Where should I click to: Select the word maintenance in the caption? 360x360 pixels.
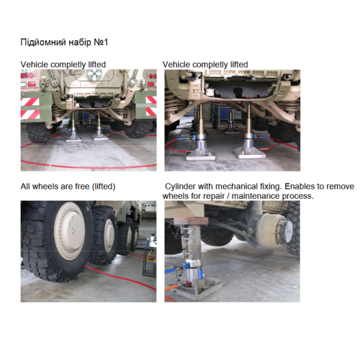(x=256, y=196)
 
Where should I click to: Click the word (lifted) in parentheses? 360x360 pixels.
(x=104, y=186)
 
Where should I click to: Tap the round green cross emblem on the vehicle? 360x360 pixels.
(x=94, y=74)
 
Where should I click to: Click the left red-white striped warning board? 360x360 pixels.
(x=30, y=108)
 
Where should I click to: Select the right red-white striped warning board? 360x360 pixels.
(x=151, y=106)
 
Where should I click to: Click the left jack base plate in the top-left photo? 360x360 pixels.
(x=73, y=139)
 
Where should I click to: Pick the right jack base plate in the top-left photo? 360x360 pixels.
(x=99, y=138)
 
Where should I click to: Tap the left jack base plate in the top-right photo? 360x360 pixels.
(x=201, y=155)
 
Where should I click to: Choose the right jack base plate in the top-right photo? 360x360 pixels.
(x=249, y=153)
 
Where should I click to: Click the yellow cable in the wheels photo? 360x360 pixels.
(x=150, y=255)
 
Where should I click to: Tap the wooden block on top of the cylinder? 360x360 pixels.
(x=191, y=221)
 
